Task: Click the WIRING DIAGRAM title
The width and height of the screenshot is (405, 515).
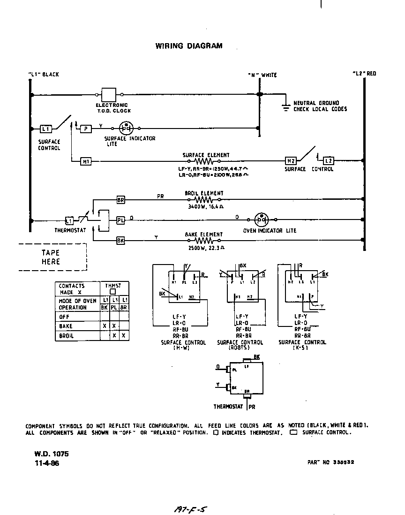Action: point(189,46)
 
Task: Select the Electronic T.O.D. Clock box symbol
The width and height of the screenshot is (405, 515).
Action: point(109,94)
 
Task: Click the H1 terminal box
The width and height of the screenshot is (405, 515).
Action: point(86,161)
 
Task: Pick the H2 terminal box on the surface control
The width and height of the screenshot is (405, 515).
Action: point(291,161)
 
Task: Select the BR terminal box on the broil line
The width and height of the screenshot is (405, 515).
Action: point(120,200)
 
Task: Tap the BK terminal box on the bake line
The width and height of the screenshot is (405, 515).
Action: point(120,241)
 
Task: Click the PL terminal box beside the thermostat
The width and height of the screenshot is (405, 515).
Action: point(120,220)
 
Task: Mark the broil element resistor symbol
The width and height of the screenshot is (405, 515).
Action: point(204,199)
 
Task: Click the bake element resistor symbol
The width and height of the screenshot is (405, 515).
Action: point(204,240)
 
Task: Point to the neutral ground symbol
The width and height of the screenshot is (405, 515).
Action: point(285,107)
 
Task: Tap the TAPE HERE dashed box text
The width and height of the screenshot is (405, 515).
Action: point(51,257)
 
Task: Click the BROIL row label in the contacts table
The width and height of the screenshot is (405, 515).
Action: point(66,336)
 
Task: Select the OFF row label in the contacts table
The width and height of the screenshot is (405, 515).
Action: point(64,317)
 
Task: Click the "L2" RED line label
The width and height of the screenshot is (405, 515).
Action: point(364,74)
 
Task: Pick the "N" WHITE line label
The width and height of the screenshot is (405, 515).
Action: point(262,75)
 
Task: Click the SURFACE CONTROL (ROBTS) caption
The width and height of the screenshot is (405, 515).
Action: point(240,345)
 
